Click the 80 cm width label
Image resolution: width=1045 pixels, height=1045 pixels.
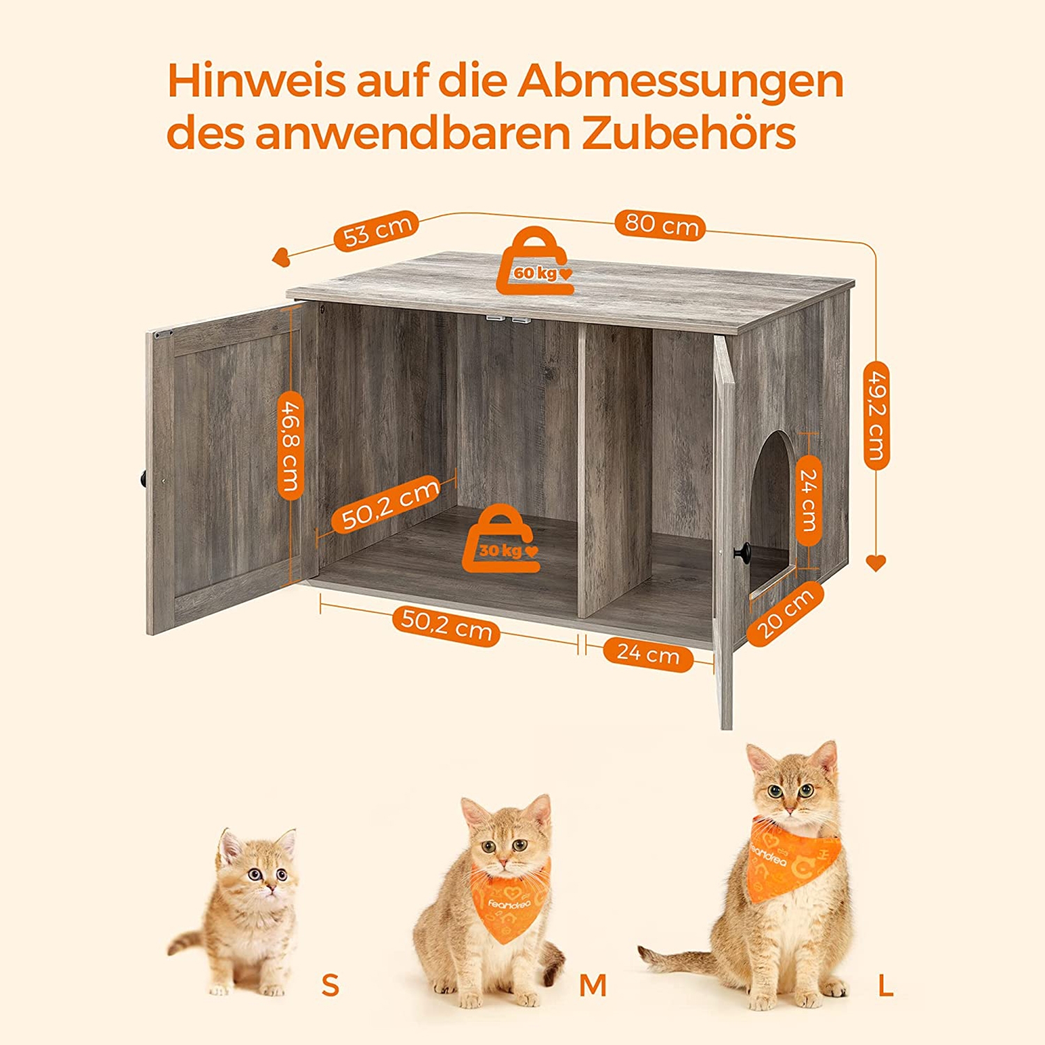(660, 225)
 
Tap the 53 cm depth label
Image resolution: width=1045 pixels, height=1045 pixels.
(377, 231)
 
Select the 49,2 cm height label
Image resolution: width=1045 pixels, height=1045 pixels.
(876, 415)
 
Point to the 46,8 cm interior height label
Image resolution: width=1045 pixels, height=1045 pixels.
(291, 446)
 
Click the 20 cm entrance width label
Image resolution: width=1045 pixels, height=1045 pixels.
(786, 614)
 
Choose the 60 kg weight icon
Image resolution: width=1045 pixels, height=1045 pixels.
(534, 261)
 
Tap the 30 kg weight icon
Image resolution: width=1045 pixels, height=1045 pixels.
(501, 539)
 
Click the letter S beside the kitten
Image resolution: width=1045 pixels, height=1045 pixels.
(330, 985)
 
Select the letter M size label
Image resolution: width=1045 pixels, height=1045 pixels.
(593, 985)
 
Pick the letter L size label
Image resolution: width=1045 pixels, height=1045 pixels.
(885, 985)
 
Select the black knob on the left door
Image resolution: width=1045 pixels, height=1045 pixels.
(142, 479)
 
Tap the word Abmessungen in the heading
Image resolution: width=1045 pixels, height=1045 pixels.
(680, 83)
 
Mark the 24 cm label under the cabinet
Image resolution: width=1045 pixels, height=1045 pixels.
(647, 654)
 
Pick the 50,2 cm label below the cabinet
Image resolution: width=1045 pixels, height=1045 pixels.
(447, 625)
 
